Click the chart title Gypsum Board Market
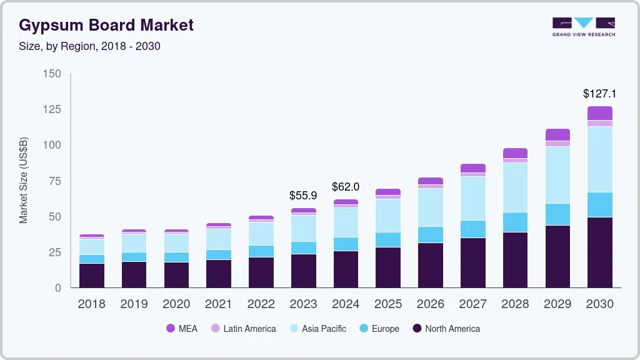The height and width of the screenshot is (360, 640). tap(106, 25)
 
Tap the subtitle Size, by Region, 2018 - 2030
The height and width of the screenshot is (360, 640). tap(90, 46)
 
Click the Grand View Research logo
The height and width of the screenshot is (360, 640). tap(583, 27)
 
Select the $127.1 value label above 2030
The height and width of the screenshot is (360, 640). tap(599, 94)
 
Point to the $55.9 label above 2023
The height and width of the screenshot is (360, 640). tap(303, 196)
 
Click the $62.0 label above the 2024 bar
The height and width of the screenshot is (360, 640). tap(346, 187)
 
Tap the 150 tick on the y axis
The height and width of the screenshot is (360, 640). tap(52, 74)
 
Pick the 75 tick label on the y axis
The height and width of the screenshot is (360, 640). tap(56, 181)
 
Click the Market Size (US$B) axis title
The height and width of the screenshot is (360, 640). tap(24, 181)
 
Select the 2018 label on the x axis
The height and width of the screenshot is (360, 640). tap(91, 304)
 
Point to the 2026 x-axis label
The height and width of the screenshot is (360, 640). tap(430, 304)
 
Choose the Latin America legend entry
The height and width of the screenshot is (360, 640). tap(243, 329)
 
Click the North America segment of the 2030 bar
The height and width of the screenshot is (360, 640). tap(600, 252)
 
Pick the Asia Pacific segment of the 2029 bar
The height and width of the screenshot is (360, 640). tap(557, 175)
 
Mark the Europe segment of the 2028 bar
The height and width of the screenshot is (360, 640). tap(515, 222)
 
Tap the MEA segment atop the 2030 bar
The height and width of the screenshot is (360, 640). tap(600, 113)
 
